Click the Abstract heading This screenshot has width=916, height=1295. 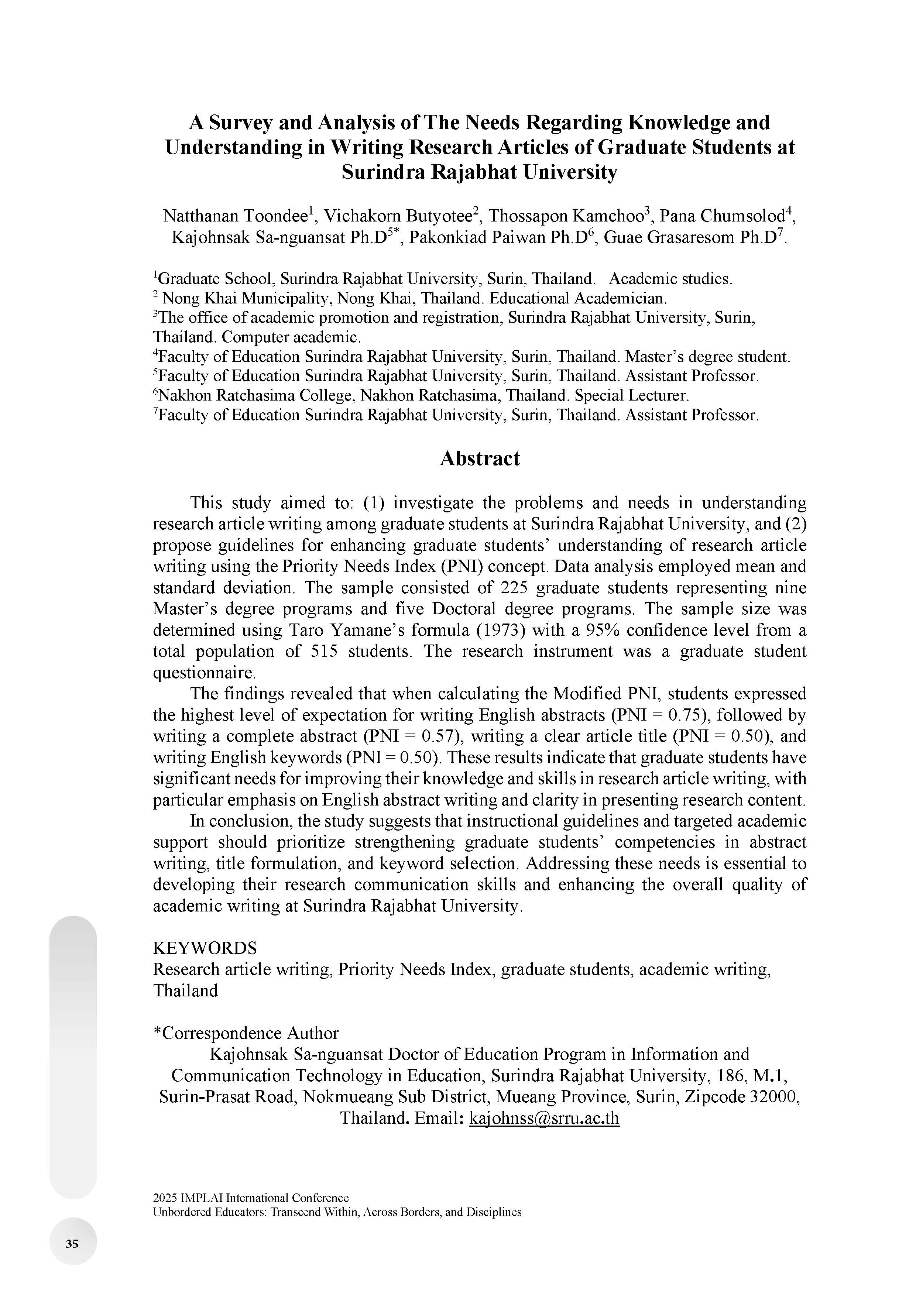[480, 458]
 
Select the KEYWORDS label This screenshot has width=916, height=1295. [205, 948]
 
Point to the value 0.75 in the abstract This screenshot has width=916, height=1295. [685, 715]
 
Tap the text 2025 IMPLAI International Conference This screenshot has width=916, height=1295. [250, 1198]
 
